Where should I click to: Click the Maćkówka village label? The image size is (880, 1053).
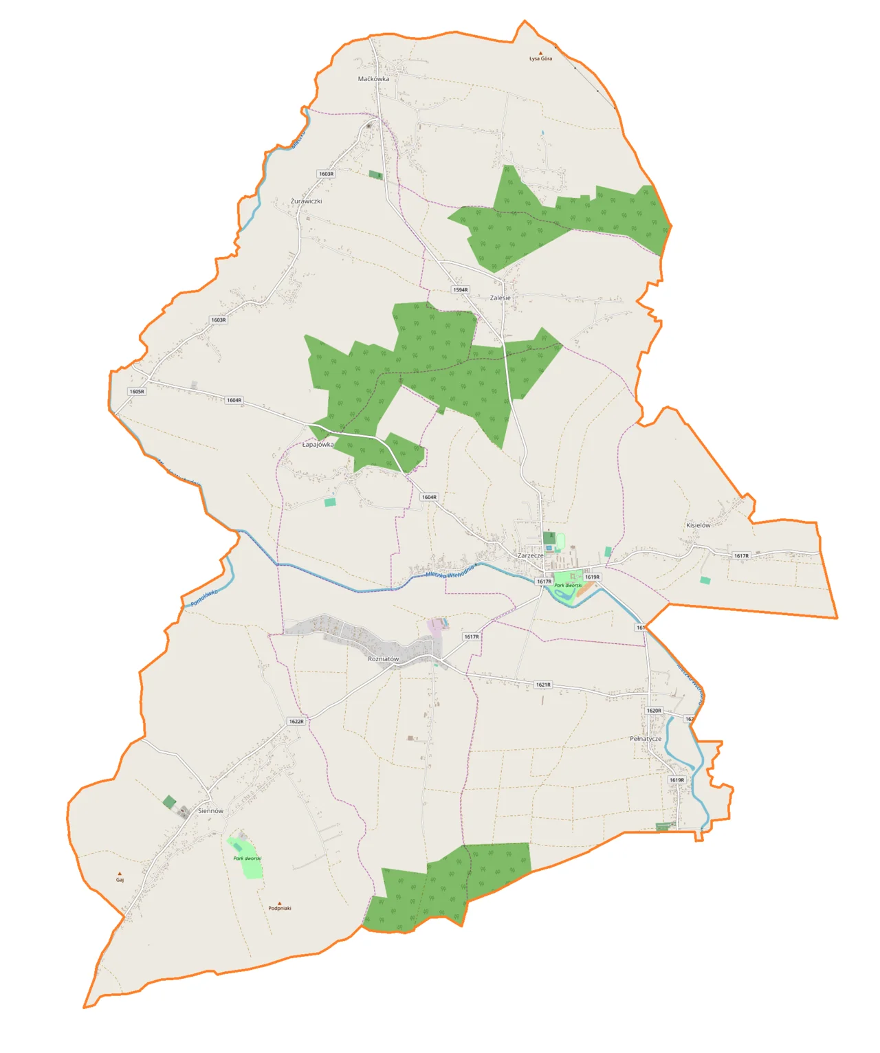coord(373,79)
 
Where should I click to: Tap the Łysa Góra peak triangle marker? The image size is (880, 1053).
coord(540,53)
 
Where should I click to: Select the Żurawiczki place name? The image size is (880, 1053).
coord(306,201)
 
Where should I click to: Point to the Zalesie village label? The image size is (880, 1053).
coord(500,298)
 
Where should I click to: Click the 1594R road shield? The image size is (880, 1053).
coord(461,290)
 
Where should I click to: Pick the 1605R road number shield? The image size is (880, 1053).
coord(137,392)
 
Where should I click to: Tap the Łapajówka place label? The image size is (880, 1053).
coord(318,445)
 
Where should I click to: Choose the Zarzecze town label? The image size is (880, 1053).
coord(530,555)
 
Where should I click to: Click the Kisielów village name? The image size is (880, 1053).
coord(698,525)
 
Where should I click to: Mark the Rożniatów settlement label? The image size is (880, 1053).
coord(383,659)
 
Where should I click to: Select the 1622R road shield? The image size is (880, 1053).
coord(296,722)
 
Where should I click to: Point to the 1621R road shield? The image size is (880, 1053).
coord(543,685)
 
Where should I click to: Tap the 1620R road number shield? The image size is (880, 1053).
coord(654,711)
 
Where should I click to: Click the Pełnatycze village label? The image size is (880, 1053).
coord(646,739)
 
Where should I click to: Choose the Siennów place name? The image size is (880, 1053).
coord(210,811)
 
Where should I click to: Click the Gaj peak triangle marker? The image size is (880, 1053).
coord(120,874)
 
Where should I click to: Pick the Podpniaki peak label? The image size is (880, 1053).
coord(280,909)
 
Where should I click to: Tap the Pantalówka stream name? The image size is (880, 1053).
coord(204,597)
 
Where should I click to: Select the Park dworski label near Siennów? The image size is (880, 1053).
coord(247,858)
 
